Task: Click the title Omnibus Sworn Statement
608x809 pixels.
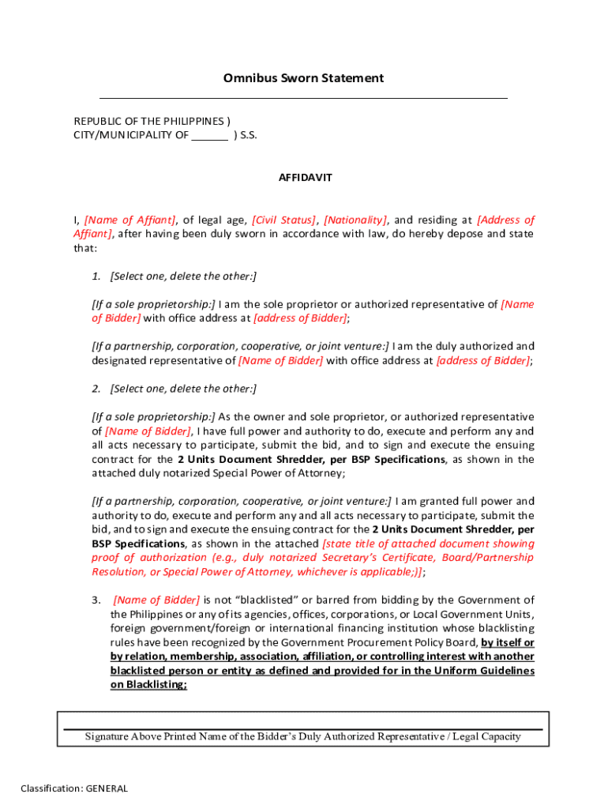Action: tap(304, 78)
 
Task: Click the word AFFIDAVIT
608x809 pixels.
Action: tap(305, 178)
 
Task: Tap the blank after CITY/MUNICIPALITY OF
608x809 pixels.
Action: tap(210, 136)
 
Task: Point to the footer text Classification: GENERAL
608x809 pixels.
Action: tap(74, 788)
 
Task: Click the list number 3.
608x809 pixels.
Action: tap(96, 600)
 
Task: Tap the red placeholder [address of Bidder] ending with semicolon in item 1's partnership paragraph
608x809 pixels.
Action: tap(483, 360)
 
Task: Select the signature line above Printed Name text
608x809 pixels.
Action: tap(302, 729)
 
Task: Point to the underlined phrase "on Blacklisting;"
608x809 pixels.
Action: tap(148, 686)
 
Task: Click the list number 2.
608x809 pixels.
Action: tap(96, 389)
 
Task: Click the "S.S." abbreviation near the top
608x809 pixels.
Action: tap(249, 136)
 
